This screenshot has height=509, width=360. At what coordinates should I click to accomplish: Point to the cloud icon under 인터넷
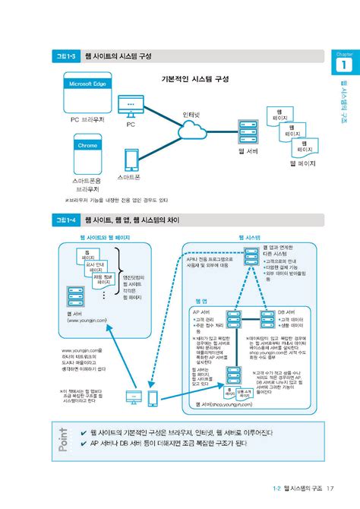point(191,134)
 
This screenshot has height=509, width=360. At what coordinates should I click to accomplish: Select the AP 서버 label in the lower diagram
point(204,311)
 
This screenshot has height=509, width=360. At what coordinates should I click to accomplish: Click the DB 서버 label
point(286,311)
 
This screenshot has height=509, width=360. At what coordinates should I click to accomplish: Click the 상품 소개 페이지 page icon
point(243,393)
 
